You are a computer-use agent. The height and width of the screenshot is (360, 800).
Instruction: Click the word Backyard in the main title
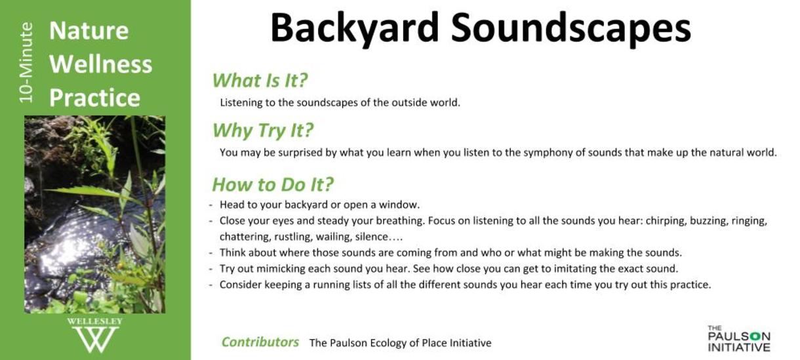pyautogui.click(x=355, y=29)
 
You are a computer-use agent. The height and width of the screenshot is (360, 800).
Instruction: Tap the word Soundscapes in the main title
pyautogui.click(x=571, y=29)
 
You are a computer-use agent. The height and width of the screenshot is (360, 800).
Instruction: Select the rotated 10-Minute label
pyautogui.click(x=26, y=63)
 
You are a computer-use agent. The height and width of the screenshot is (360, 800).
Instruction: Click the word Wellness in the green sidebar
pyautogui.click(x=101, y=64)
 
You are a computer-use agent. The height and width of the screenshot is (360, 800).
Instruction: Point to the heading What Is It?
pyautogui.click(x=260, y=81)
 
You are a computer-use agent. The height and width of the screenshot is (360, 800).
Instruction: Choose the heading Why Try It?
pyautogui.click(x=263, y=130)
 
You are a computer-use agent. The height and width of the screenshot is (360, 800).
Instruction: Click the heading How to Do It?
pyautogui.click(x=273, y=185)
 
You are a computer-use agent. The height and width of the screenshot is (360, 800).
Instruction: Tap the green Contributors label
pyautogui.click(x=260, y=342)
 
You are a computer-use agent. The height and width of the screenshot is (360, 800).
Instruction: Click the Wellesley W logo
pyautogui.click(x=95, y=335)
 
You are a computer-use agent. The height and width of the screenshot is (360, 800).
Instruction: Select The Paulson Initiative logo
pyautogui.click(x=739, y=338)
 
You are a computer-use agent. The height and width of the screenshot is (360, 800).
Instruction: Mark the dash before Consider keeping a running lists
pyautogui.click(x=210, y=285)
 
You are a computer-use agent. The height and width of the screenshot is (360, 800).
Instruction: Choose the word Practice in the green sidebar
pyautogui.click(x=94, y=98)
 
